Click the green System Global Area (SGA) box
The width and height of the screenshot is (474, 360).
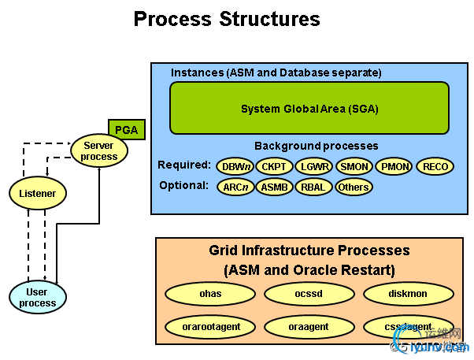(309, 108)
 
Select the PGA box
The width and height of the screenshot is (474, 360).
(126, 129)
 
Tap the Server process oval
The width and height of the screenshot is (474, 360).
(98, 150)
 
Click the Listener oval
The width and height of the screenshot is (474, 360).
(37, 192)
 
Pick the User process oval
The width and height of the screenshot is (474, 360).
(38, 297)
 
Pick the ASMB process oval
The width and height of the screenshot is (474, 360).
(275, 187)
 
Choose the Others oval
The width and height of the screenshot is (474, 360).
(354, 187)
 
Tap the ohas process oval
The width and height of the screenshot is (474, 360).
(210, 294)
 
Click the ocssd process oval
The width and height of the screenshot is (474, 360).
(309, 294)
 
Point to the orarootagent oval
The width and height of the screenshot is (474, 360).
(210, 325)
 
